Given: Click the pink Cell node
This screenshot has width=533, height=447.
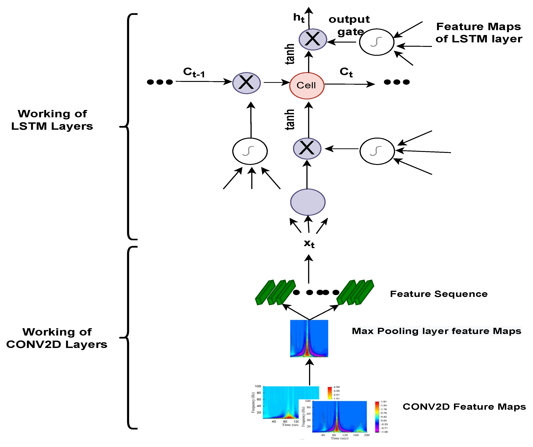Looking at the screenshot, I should (x=307, y=86).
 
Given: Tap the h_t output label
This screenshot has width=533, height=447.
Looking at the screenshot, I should (x=299, y=18).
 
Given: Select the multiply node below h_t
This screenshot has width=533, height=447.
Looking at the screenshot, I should (x=312, y=39).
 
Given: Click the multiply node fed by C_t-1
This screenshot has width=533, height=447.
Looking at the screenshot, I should (x=246, y=83).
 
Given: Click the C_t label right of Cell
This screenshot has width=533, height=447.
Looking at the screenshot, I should (x=346, y=72).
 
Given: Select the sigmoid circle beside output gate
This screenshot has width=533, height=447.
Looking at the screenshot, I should (x=376, y=42).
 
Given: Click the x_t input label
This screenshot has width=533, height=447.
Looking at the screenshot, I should (x=309, y=244).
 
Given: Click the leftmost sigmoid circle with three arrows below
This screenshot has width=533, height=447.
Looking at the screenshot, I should (x=250, y=151).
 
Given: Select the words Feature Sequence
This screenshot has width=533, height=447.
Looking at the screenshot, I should (x=439, y=294).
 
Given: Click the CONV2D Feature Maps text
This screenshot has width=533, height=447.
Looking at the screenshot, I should (x=464, y=407).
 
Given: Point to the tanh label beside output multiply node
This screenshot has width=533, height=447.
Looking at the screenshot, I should (x=289, y=54).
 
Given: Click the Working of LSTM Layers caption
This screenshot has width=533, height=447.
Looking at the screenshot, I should (x=52, y=120).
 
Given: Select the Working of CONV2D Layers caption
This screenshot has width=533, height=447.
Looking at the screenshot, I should (x=57, y=338).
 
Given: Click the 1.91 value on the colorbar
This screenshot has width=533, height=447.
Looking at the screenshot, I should (x=384, y=402).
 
